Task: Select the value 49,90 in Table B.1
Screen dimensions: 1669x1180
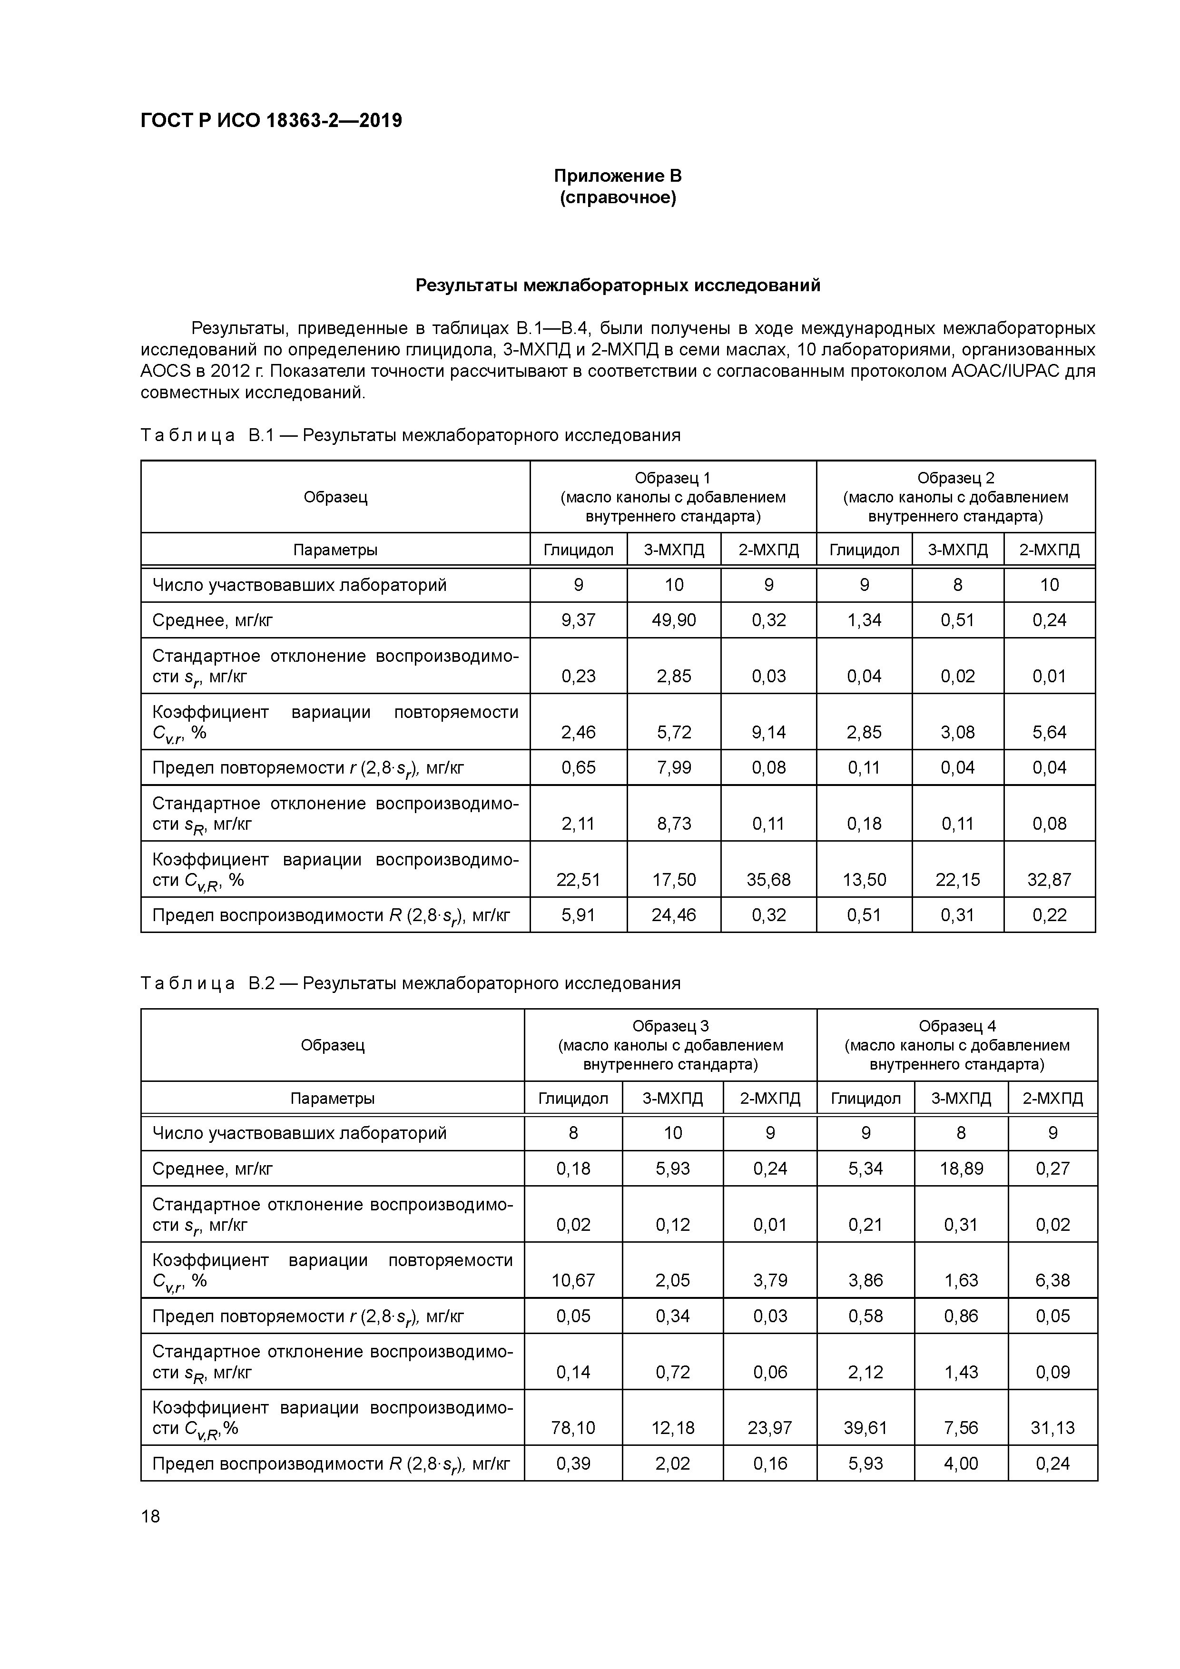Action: coord(673,620)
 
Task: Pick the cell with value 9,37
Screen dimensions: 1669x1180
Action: coord(578,620)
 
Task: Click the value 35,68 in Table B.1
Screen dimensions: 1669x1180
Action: coord(768,880)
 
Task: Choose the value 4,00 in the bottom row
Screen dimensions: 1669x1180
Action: coord(961,1463)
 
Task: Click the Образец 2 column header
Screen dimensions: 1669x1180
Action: coord(955,478)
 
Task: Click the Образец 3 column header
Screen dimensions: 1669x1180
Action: coord(670,1026)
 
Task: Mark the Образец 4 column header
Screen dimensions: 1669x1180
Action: coord(957,1026)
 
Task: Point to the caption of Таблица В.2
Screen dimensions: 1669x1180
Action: coord(410,983)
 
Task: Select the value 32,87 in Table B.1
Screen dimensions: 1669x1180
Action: coord(1049,880)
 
